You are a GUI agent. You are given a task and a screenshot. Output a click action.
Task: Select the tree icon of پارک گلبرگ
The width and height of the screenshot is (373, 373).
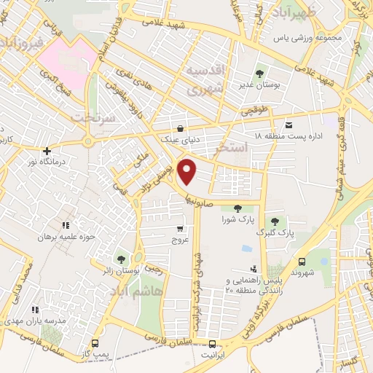coord(274,221)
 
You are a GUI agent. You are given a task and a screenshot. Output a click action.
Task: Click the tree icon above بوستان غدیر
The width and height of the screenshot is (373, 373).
coord(260,73)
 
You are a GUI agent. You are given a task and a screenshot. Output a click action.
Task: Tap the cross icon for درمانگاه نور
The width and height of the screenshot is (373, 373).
coord(47,151)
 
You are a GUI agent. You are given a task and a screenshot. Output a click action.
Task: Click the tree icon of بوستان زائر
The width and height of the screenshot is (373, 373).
coord(120,259)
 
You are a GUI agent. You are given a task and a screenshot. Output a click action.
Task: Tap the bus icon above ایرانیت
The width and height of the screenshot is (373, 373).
coord(212,345)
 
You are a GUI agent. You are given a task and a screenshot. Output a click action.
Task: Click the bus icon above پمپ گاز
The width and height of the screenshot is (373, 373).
coord(95,342)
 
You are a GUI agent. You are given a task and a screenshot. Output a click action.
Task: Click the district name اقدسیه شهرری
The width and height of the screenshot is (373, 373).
coord(202,81)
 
